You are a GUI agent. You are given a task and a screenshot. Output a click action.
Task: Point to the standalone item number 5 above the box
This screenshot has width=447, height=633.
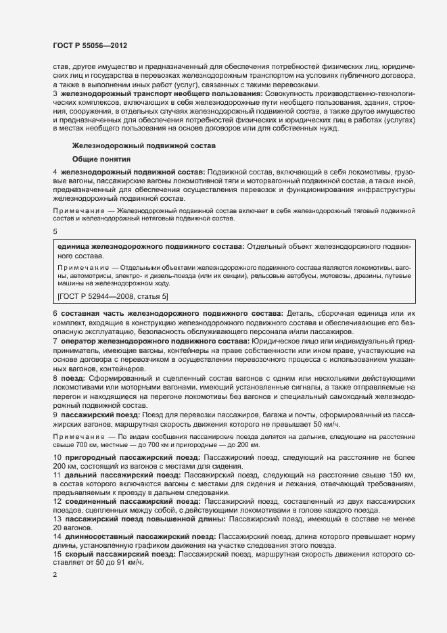[x=55, y=231]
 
